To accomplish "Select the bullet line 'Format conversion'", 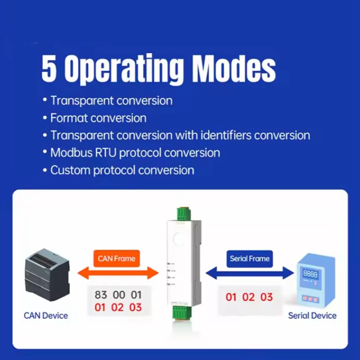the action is click(98, 118).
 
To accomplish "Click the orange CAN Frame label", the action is click(117, 258).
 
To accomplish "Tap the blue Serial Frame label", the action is click(250, 258).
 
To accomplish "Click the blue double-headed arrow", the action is click(250, 273).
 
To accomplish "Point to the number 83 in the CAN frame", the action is click(101, 295).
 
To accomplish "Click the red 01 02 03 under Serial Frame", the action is click(249, 297).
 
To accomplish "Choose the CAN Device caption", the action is click(46, 316).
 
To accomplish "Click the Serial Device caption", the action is click(312, 316).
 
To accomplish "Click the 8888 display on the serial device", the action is click(310, 274).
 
